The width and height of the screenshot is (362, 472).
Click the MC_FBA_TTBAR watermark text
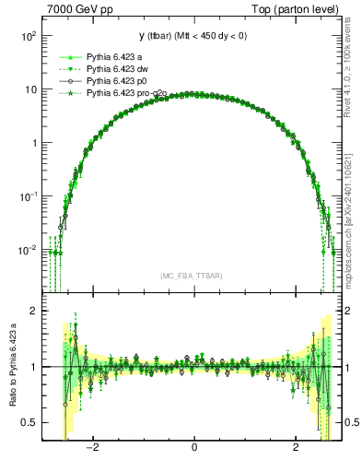pyautogui.click(x=191, y=277)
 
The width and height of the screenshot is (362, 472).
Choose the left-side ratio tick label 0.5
pyautogui.click(x=31, y=422)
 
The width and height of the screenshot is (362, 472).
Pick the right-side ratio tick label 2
pyautogui.click(x=350, y=311)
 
